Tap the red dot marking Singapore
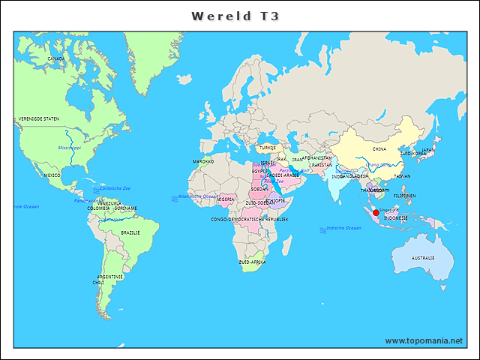click(x=376, y=212)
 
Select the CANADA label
click(x=55, y=58)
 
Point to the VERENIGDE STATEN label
click(x=39, y=118)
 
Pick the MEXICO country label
click(x=52, y=175)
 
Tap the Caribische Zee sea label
click(x=115, y=188)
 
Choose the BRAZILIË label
click(x=130, y=233)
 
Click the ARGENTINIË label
click(x=109, y=276)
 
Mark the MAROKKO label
click(x=203, y=161)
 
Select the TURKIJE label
click(x=268, y=148)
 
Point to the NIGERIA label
click(x=226, y=199)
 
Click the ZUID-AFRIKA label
click(x=252, y=262)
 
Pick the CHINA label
click(x=379, y=149)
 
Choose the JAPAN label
click(x=427, y=150)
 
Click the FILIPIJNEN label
click(x=404, y=196)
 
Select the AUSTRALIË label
click(x=423, y=258)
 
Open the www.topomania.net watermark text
click(x=424, y=340)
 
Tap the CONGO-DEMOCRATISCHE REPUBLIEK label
click(x=250, y=219)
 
